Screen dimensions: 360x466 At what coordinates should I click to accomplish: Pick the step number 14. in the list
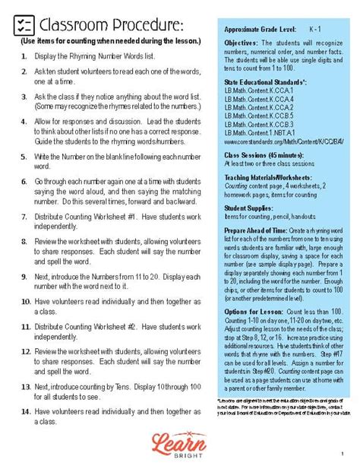click(25, 411)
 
